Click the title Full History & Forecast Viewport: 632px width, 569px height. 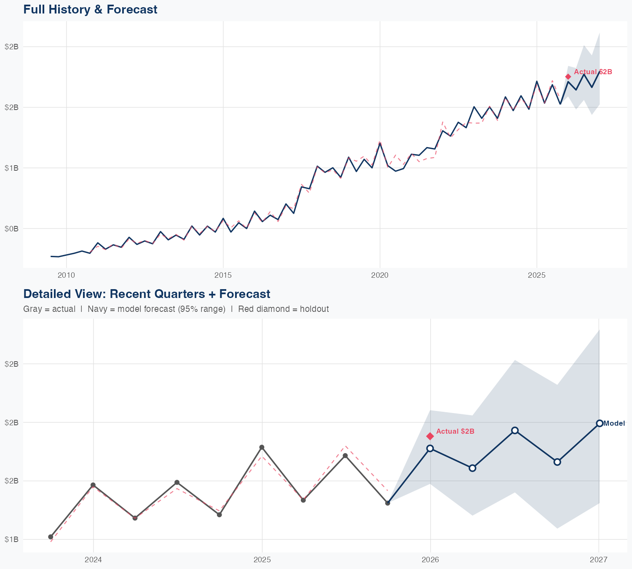click(90, 9)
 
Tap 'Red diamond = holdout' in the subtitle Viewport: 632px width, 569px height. click(283, 309)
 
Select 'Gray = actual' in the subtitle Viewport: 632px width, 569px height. click(49, 309)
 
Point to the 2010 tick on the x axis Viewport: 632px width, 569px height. click(66, 275)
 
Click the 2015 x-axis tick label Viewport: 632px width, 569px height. click(223, 275)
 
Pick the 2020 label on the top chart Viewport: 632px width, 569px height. click(380, 275)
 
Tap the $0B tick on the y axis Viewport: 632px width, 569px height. click(11, 228)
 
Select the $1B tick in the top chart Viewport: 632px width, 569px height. click(11, 168)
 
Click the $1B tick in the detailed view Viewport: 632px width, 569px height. click(11, 539)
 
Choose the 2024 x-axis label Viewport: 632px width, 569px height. click(93, 560)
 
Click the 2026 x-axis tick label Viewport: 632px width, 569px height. click(430, 560)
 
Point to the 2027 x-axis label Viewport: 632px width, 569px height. click(598, 560)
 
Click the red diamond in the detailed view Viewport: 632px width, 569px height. click(430, 436)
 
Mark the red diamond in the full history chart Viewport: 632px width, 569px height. click(568, 77)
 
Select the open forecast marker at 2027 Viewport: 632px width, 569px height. click(599, 423)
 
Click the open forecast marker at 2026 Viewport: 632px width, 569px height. click(430, 448)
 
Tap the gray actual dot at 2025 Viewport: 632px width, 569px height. click(262, 447)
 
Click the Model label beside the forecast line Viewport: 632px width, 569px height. click(614, 424)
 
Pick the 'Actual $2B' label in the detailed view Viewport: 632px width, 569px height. click(455, 431)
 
